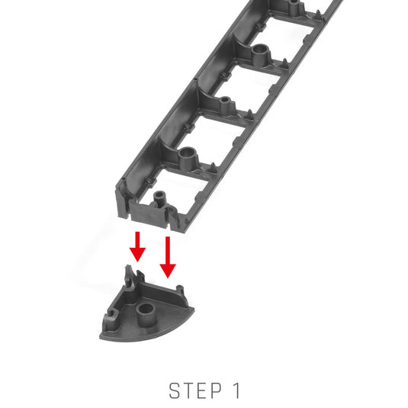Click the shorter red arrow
(137, 246)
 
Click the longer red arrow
(168, 257)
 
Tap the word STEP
(195, 390)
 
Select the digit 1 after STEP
(236, 390)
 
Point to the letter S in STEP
(175, 390)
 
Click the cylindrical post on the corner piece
(146, 314)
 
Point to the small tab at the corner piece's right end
(180, 289)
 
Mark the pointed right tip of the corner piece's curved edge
(194, 308)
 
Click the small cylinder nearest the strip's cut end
(159, 199)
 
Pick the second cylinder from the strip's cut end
(187, 158)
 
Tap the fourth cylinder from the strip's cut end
(261, 54)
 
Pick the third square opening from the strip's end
(249, 90)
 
